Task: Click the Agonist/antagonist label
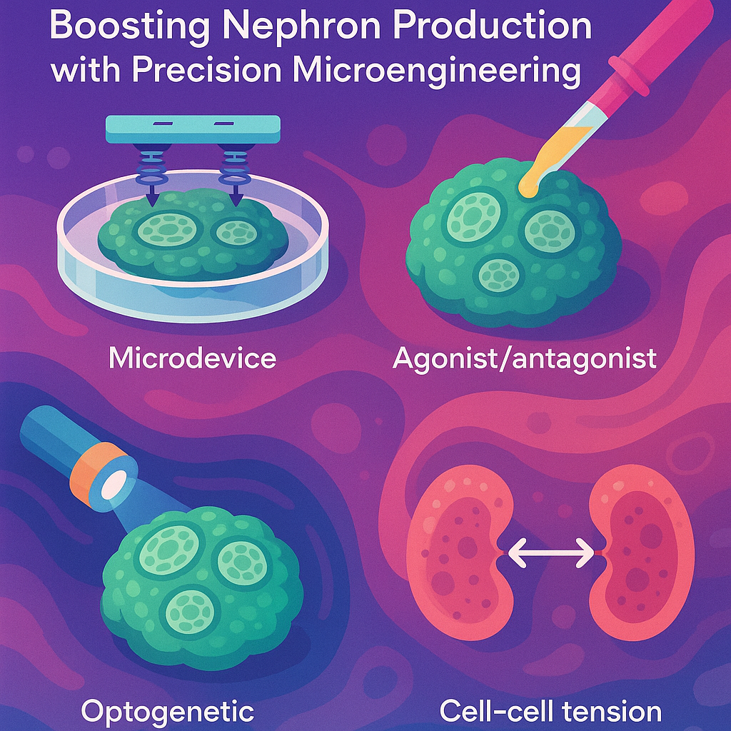tap(524, 358)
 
